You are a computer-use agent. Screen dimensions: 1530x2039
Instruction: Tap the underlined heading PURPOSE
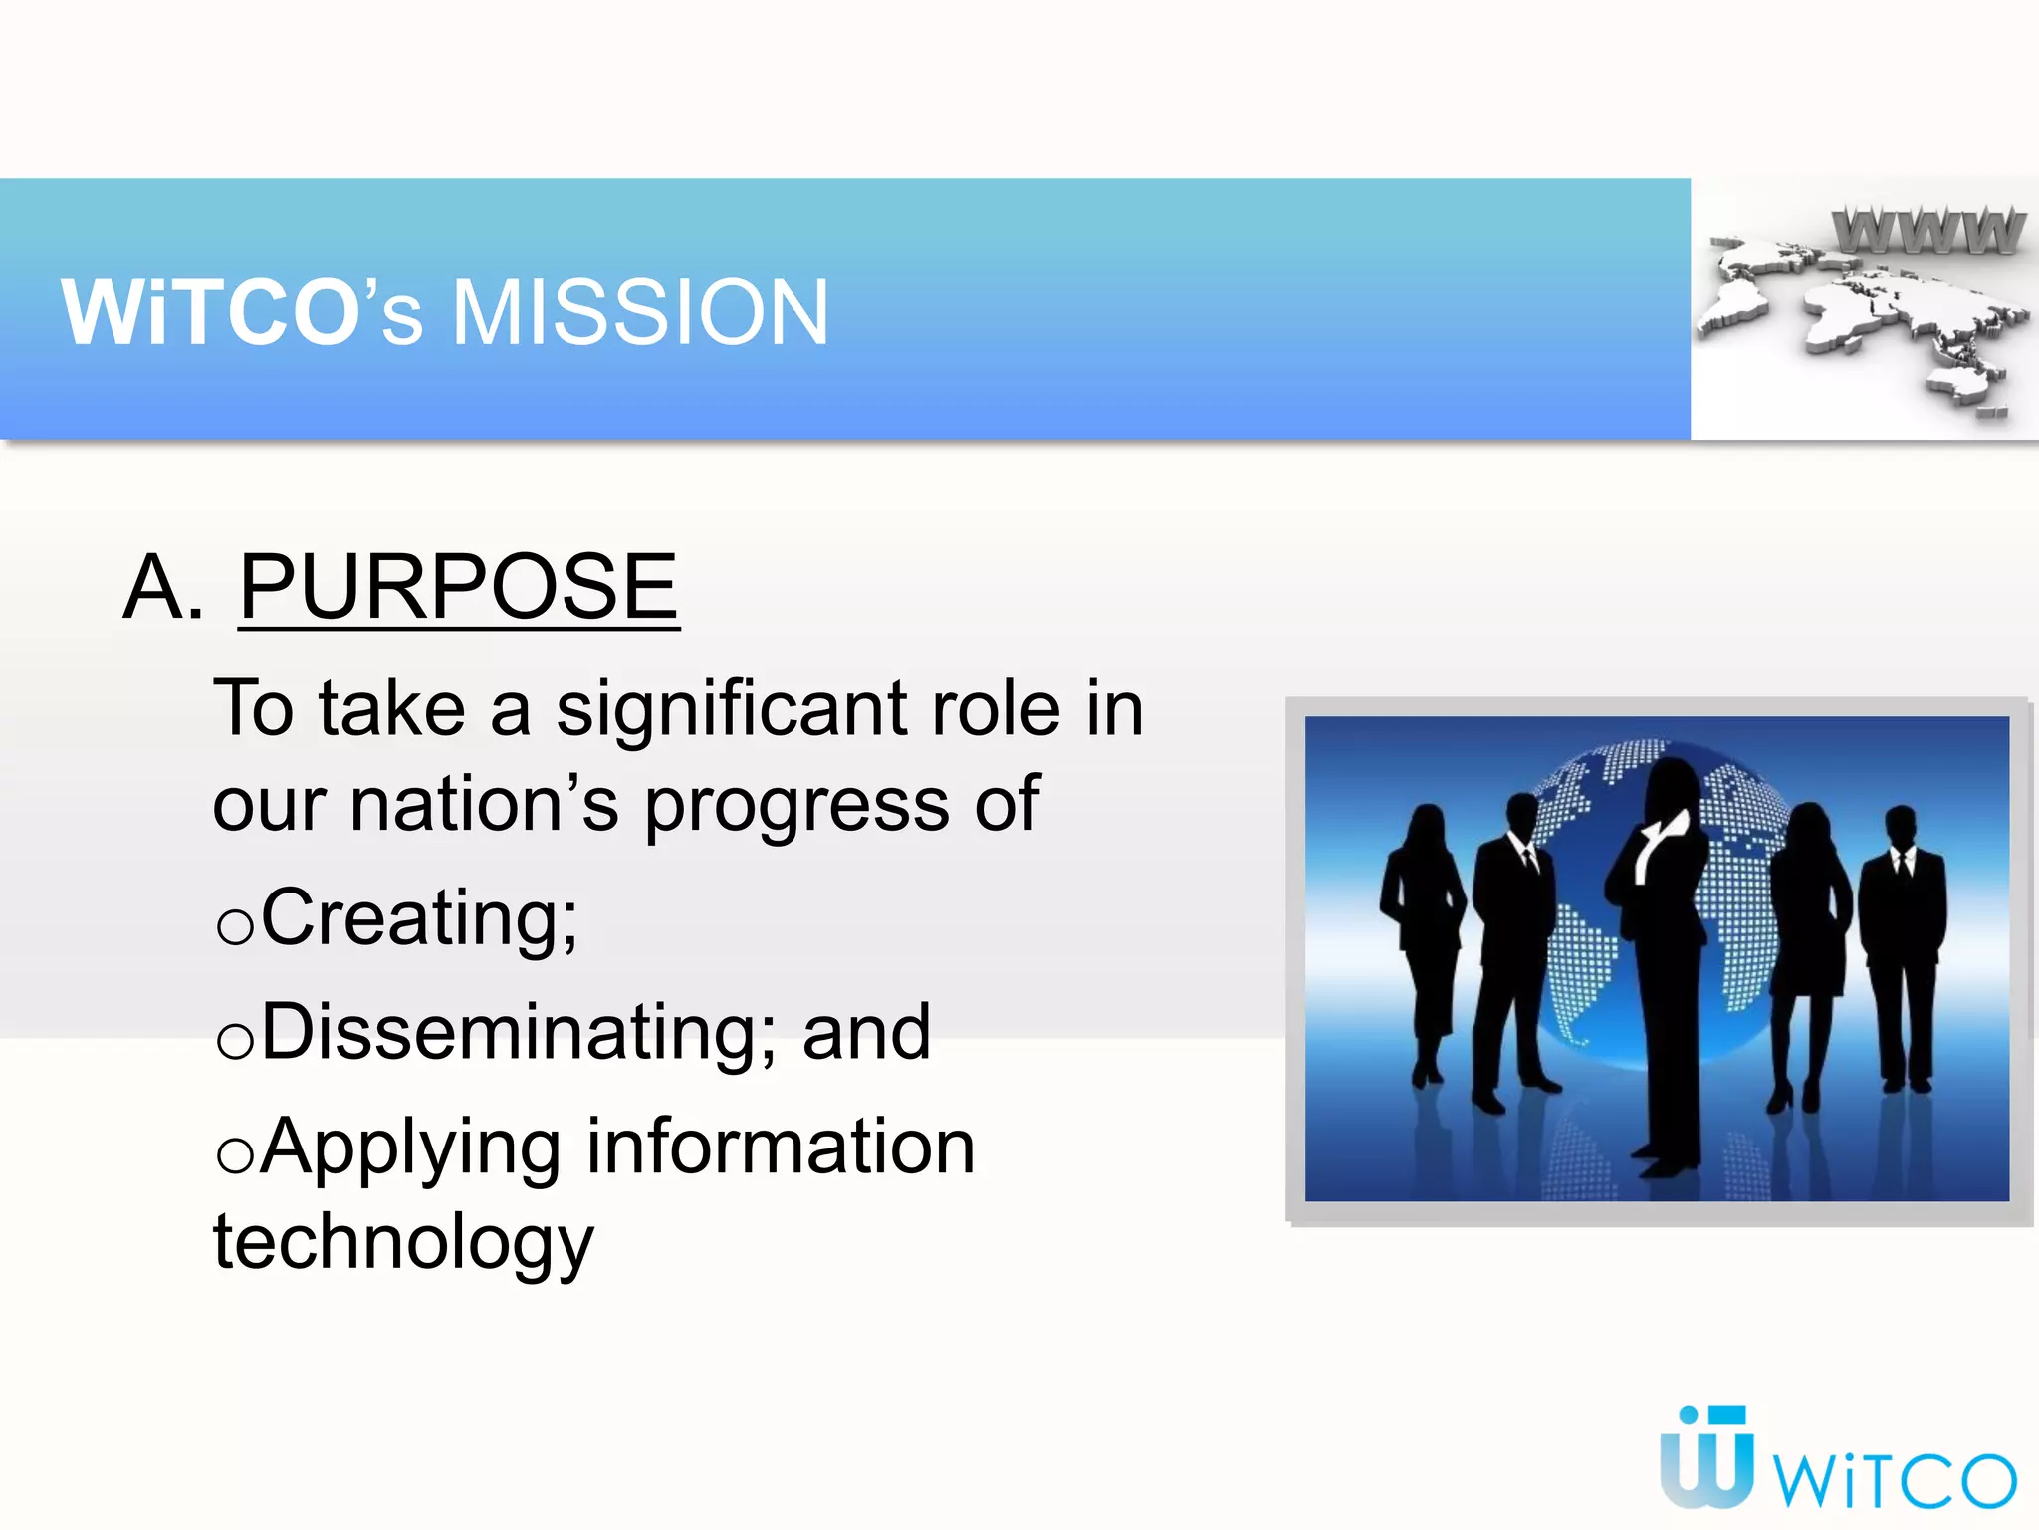[x=459, y=588]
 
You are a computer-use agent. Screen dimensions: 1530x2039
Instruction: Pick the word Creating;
[x=419, y=916]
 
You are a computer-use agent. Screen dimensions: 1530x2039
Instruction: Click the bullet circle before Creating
[x=235, y=927]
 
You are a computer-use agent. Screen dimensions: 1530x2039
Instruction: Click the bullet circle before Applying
[x=235, y=1156]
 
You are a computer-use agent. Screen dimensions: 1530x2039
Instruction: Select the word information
[x=781, y=1147]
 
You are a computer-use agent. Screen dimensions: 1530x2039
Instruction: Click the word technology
[x=403, y=1243]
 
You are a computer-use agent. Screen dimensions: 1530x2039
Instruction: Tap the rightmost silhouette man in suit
[x=1903, y=946]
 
